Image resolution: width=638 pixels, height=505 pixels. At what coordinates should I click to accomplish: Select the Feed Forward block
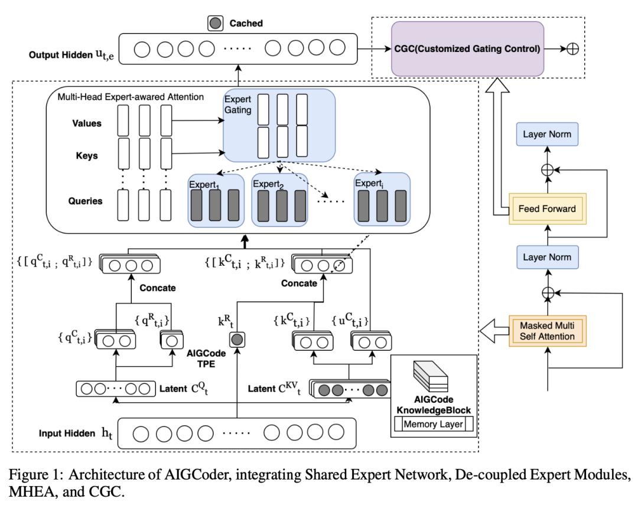tap(547, 208)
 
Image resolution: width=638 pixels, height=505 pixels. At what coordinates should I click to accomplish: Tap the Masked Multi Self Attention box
tap(547, 330)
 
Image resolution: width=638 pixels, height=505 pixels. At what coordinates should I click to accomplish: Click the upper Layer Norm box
tap(547, 134)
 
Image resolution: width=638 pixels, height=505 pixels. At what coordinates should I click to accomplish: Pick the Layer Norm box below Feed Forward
tap(547, 258)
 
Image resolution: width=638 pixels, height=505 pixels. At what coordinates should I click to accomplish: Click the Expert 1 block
tap(216, 200)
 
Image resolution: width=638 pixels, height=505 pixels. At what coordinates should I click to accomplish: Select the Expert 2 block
tap(280, 200)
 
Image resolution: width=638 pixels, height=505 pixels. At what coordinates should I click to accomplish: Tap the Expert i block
tap(382, 200)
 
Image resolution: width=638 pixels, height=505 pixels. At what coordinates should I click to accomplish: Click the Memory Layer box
tap(434, 423)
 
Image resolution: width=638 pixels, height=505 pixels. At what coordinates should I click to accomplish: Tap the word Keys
tap(87, 156)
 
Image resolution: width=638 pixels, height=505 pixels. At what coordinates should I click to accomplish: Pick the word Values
tap(86, 123)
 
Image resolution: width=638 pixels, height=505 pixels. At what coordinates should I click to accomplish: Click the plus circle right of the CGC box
tap(572, 48)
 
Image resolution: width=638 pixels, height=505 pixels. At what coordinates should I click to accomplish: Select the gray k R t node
tap(236, 340)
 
